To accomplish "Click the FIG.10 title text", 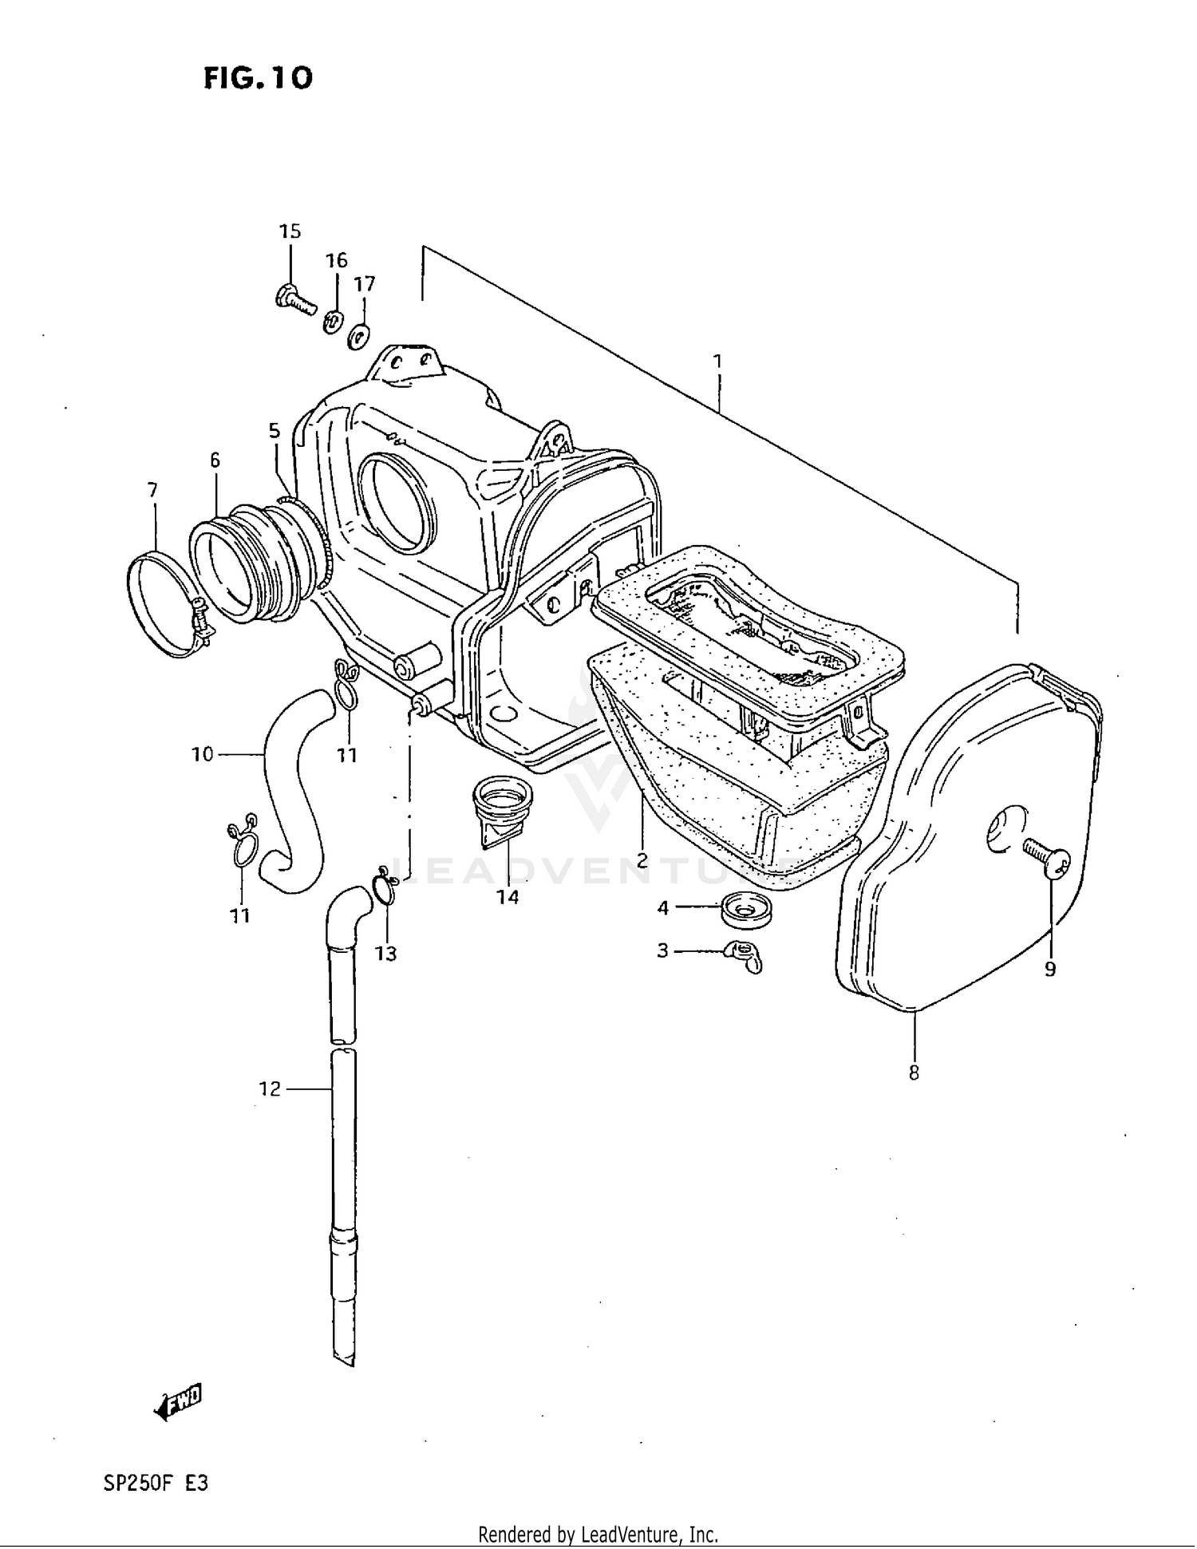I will click(258, 78).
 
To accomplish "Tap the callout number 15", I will click(290, 231).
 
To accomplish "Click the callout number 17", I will click(365, 284).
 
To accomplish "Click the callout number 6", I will click(215, 460).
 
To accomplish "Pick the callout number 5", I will click(274, 431).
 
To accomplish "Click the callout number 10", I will click(203, 753).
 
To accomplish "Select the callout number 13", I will click(386, 954).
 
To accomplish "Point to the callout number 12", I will click(270, 1089).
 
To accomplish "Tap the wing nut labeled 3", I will click(743, 955).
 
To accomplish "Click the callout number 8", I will click(914, 1073).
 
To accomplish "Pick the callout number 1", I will click(717, 361).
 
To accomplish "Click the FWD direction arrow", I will click(178, 1402).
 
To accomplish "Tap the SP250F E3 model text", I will click(156, 1484).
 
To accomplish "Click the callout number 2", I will click(642, 861).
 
